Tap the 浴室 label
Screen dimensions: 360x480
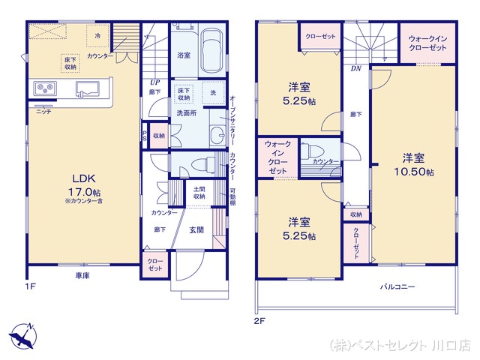(x=183, y=55)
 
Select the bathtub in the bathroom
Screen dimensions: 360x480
(x=212, y=50)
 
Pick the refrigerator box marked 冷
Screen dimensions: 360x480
(x=98, y=34)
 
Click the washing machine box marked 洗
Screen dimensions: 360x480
(x=213, y=92)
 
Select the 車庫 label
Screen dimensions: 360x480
(x=83, y=276)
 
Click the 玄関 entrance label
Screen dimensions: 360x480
(x=196, y=230)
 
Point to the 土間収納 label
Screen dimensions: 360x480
(x=199, y=193)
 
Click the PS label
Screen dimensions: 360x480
(x=145, y=136)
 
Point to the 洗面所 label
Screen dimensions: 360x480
(x=185, y=112)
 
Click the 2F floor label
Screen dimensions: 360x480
(x=259, y=320)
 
